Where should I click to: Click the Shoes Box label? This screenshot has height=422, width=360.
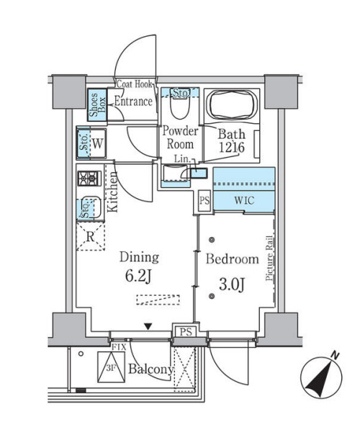click(x=98, y=104)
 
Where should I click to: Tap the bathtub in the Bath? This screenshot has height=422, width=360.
click(x=233, y=105)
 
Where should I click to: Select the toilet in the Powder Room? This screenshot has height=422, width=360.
click(x=180, y=107)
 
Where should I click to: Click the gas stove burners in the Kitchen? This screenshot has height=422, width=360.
click(x=89, y=178)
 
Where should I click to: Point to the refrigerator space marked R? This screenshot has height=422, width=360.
click(x=91, y=237)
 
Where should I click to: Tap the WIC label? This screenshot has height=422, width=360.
click(x=244, y=200)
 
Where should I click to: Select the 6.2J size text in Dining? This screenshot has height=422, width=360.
click(x=138, y=276)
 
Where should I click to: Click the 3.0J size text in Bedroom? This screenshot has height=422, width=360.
click(x=232, y=284)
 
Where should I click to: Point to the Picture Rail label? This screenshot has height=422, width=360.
click(x=269, y=259)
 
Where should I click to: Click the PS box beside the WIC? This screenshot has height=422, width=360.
click(x=204, y=200)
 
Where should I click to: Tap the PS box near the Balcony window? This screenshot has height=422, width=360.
click(x=186, y=331)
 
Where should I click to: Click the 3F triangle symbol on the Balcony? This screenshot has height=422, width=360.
click(x=111, y=367)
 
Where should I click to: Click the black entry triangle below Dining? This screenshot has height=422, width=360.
click(x=148, y=327)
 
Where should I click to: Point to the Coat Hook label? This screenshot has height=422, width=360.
click(x=135, y=84)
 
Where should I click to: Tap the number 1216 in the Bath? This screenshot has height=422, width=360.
click(x=232, y=148)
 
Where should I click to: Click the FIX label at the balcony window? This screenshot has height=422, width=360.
click(x=119, y=347)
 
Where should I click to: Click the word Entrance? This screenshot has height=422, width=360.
click(x=133, y=102)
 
